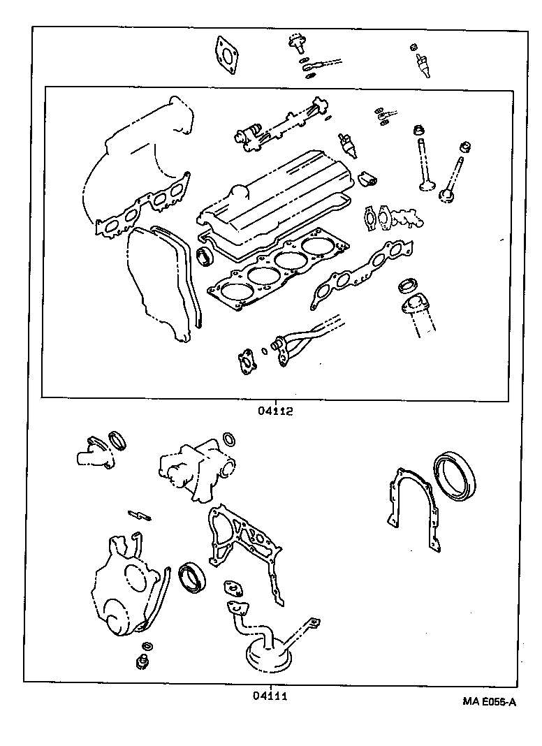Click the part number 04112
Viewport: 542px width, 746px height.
tap(274, 411)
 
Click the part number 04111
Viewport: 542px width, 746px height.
tap(270, 695)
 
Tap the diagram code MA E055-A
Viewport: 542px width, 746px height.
tap(488, 702)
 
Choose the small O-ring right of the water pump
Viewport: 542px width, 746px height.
tap(228, 439)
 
